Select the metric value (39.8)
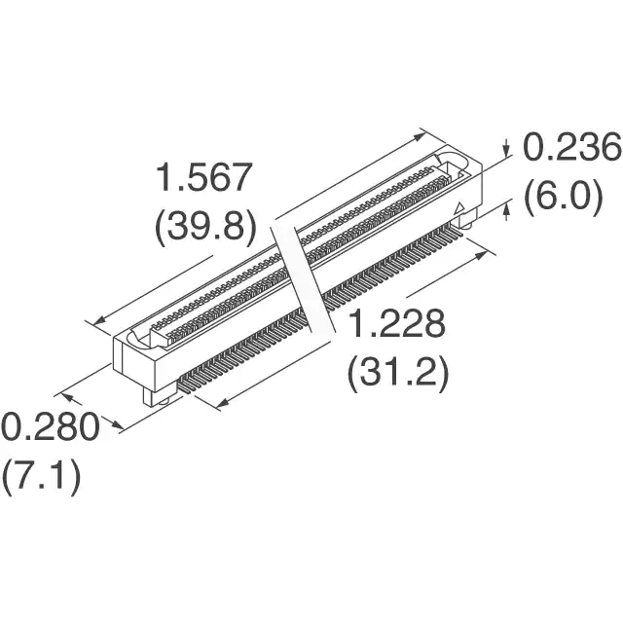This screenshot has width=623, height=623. tap(204, 227)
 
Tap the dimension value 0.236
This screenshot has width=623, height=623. tap(572, 147)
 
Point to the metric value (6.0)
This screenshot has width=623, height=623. tap(563, 197)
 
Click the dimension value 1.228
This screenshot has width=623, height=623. tap(397, 323)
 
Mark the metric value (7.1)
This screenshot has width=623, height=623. tap(42, 476)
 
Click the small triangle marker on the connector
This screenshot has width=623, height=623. tap(459, 208)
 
